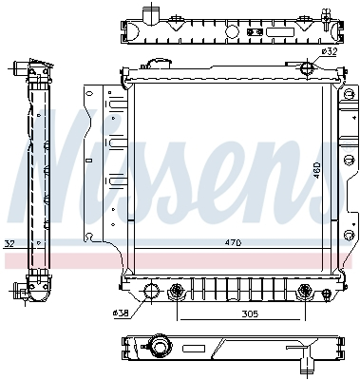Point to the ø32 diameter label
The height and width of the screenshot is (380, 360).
329,52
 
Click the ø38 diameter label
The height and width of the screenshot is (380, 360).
121,313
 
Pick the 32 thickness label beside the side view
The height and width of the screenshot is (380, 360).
9,243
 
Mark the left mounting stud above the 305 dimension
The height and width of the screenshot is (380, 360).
176,291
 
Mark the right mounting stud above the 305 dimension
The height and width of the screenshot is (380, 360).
303,291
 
